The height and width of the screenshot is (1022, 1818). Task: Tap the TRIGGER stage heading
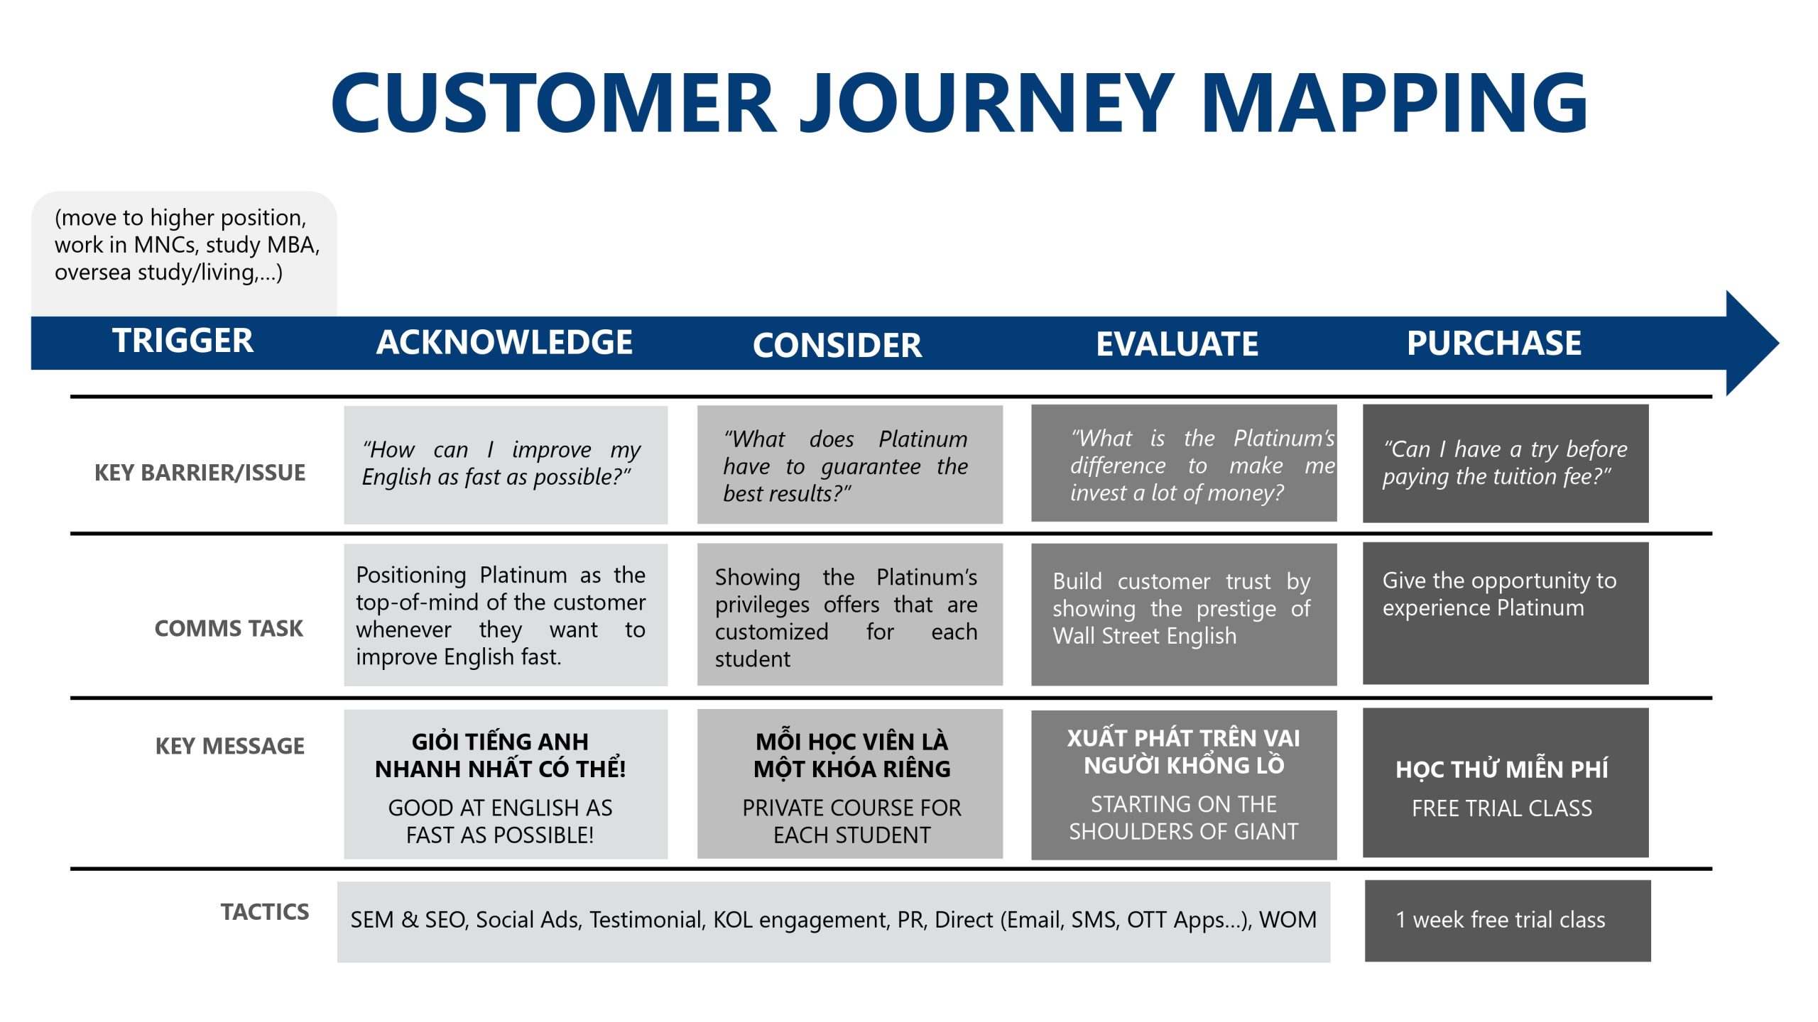[183, 341]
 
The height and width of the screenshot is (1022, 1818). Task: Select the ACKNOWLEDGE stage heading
[504, 342]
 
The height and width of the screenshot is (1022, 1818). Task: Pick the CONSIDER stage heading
[837, 345]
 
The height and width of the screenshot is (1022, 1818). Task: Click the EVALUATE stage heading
[1177, 344]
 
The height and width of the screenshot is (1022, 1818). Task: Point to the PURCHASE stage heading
[1494, 343]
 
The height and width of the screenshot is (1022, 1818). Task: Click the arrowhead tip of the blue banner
[1778, 344]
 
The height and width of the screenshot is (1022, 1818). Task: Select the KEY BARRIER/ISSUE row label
[200, 473]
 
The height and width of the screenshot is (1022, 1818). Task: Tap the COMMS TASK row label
[229, 628]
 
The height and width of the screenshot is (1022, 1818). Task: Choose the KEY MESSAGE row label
[230, 746]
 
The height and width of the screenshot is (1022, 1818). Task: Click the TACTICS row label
[265, 911]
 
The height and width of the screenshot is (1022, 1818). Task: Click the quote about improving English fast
[501, 463]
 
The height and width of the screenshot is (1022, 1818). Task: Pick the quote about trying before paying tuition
[1505, 463]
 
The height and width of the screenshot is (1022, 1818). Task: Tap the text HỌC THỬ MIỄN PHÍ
[1502, 769]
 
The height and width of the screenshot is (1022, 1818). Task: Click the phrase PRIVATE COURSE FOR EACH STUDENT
[851, 821]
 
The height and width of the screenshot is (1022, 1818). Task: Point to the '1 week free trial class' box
[1508, 921]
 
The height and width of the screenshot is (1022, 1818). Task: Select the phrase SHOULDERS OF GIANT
[1184, 831]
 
